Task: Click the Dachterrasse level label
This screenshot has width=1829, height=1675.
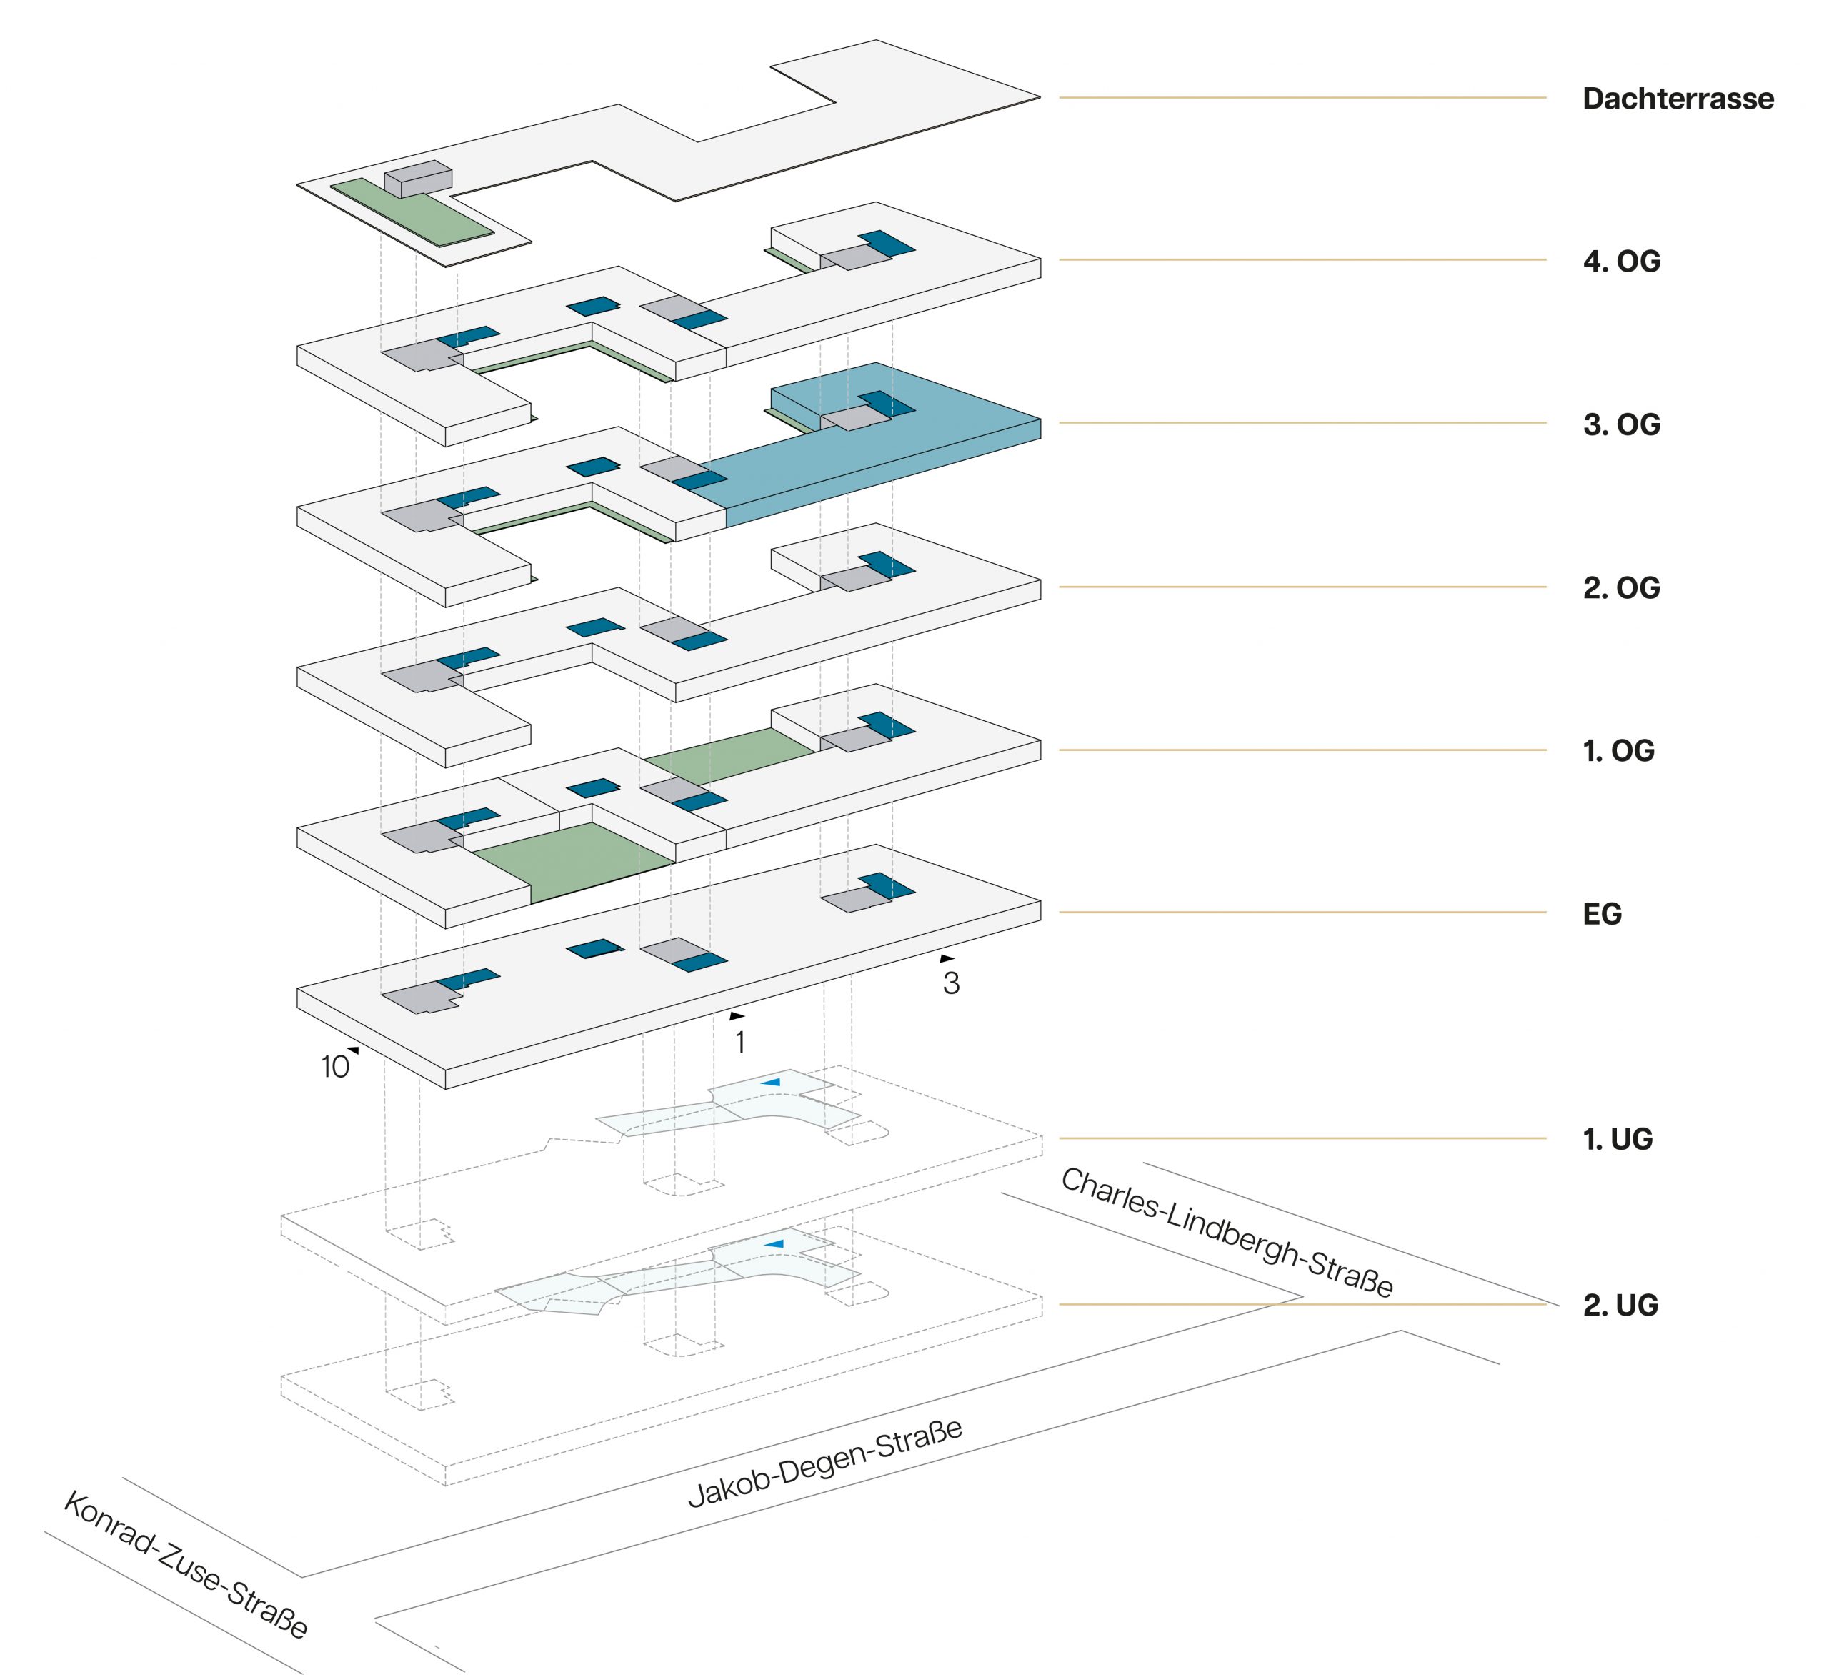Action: [1677, 99]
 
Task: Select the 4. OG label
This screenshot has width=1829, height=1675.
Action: [1621, 262]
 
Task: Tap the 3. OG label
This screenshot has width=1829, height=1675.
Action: [1621, 424]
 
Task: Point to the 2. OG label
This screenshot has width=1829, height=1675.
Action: [1621, 588]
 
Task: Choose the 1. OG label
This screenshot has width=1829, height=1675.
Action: [1618, 751]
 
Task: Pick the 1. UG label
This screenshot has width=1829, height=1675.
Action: [1618, 1139]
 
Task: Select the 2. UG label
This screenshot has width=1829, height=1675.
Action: [1620, 1305]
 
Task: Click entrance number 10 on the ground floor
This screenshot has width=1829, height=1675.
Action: [335, 1066]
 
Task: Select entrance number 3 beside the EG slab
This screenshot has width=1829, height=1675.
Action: [951, 983]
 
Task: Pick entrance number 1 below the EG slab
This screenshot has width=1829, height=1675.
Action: [740, 1043]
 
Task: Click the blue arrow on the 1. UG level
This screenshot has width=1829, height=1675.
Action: [770, 1082]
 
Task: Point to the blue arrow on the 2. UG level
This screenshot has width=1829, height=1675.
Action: [774, 1244]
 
